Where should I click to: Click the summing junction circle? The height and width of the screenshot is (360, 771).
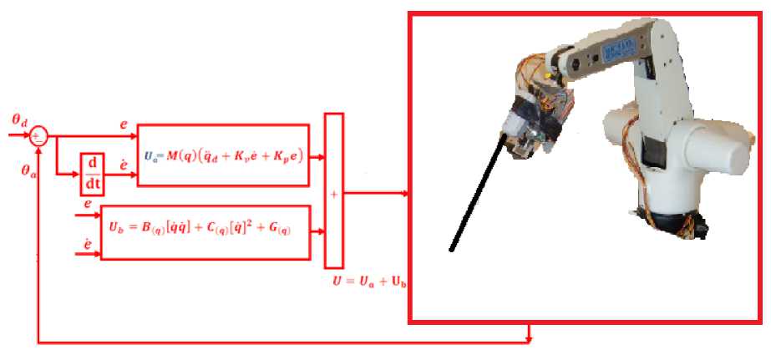(x=38, y=137)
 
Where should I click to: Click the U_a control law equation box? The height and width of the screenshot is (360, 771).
(x=223, y=155)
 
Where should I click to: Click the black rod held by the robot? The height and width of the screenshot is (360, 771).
(x=477, y=195)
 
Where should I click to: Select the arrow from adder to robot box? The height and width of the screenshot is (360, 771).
(x=376, y=194)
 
